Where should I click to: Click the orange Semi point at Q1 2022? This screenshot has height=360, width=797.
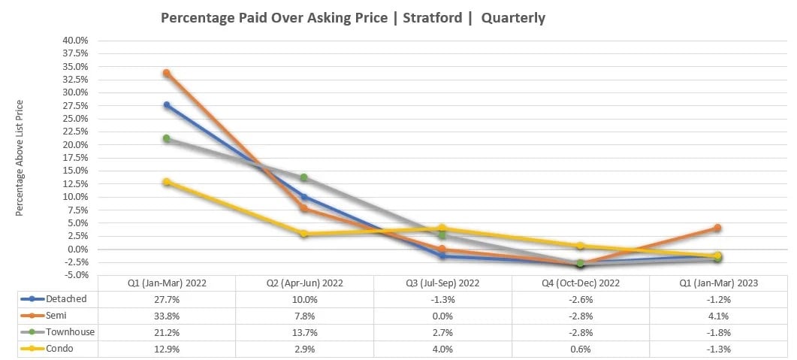point(167,73)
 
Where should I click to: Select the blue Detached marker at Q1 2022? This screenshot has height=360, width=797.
point(167,105)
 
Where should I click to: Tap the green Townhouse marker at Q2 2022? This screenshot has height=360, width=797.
point(304,177)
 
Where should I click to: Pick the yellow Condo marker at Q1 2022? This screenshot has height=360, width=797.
point(167,182)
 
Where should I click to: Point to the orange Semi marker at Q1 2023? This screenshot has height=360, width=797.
point(717,228)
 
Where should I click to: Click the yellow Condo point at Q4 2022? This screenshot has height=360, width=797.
point(580,246)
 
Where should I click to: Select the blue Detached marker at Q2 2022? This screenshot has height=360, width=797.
point(304,197)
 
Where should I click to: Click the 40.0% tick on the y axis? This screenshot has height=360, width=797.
point(76,40)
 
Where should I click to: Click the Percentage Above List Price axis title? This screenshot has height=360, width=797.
point(20,158)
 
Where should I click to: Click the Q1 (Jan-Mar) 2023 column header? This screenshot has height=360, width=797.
point(717,283)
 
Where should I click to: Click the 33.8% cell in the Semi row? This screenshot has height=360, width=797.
point(167,316)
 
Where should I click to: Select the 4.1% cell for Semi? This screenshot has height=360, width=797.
point(717,316)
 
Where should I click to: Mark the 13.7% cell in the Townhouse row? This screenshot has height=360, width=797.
point(304,331)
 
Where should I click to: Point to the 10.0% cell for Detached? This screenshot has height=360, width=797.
point(304,299)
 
